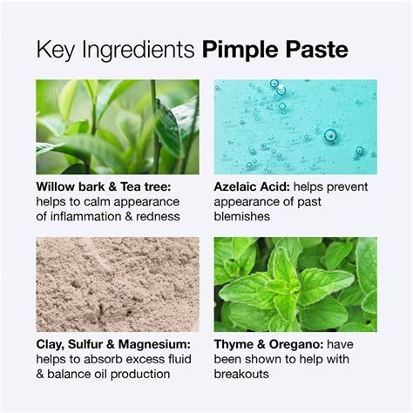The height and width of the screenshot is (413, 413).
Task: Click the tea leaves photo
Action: [x=118, y=127]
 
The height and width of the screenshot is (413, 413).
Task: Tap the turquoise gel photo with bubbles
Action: [x=295, y=127]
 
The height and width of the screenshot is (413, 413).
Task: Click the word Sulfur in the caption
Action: [x=91, y=343]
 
